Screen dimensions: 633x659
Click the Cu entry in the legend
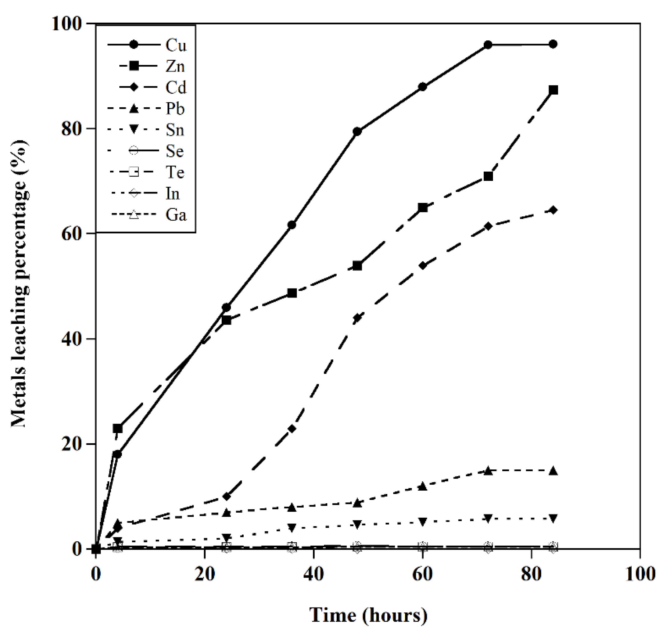tap(176, 45)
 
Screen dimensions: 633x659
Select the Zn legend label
tap(175, 67)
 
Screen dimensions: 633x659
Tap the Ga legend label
tap(176, 215)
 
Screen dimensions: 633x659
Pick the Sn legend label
tap(175, 130)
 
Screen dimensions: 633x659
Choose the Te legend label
tap(175, 173)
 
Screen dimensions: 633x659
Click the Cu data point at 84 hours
tap(553, 44)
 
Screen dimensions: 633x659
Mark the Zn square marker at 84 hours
tap(553, 90)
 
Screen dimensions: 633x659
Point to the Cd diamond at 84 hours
tap(553, 210)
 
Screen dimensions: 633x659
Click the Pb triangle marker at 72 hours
tap(488, 471)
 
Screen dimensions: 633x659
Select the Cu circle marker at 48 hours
tap(357, 132)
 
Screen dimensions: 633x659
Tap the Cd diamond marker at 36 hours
tap(292, 429)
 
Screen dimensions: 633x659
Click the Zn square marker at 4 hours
tap(117, 428)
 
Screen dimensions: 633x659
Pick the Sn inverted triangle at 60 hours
tap(423, 522)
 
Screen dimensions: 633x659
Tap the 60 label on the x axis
tap(422, 574)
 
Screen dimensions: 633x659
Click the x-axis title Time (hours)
tap(368, 615)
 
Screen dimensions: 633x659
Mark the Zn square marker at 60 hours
tap(423, 207)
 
